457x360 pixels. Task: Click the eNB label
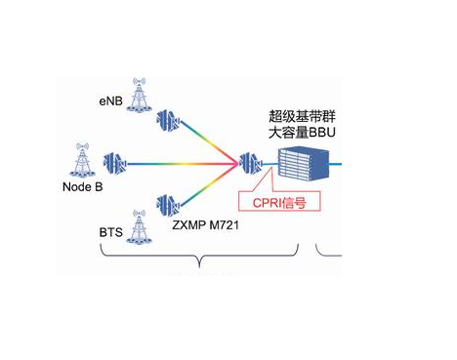(111, 100)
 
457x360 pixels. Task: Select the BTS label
(110, 235)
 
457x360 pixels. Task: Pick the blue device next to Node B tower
(115, 161)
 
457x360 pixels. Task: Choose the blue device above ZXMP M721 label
(167, 206)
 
